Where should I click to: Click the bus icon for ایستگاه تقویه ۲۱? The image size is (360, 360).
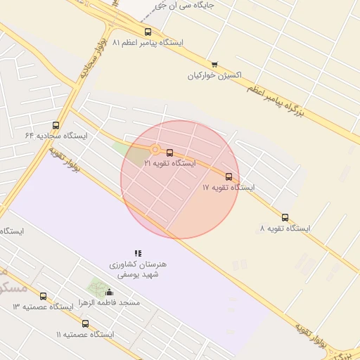[169, 153]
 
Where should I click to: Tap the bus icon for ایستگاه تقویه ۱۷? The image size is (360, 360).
[229, 176]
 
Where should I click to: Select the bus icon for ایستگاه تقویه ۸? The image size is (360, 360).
[285, 217]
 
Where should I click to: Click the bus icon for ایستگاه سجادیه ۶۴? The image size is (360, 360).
[56, 125]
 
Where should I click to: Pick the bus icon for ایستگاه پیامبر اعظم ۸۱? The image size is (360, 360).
[148, 32]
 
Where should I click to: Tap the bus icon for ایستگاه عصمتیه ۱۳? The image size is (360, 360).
[43, 296]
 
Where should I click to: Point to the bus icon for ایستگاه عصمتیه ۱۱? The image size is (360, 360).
[85, 323]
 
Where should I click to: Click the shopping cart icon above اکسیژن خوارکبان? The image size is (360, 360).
[214, 64]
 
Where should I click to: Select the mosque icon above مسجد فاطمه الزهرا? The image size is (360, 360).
[109, 292]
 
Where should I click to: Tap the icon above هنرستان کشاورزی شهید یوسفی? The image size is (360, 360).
[138, 253]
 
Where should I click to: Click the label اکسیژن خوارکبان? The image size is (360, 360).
[214, 75]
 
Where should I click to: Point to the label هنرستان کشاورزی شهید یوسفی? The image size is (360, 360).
[138, 269]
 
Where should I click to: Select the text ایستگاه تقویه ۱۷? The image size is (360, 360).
[229, 188]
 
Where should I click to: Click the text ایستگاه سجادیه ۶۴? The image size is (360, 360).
[56, 135]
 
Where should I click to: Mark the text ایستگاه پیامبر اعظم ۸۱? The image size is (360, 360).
[148, 42]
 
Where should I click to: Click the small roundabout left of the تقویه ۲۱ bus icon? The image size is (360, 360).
[155, 149]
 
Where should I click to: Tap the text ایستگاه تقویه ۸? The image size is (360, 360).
[285, 229]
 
